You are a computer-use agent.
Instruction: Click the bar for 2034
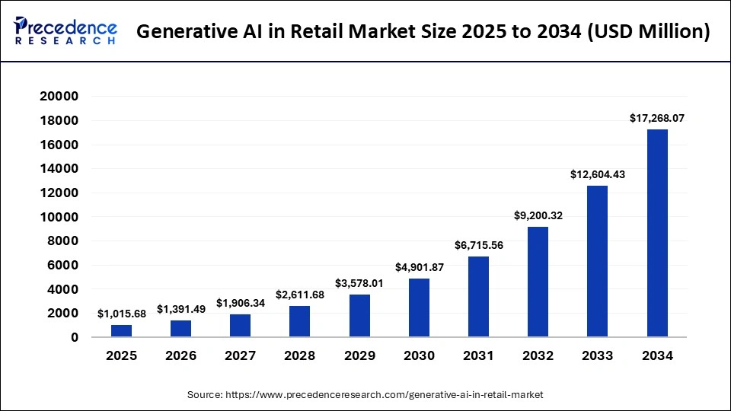pyautogui.click(x=657, y=233)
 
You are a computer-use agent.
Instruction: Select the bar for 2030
pyautogui.click(x=419, y=307)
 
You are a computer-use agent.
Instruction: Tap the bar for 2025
pyautogui.click(x=121, y=331)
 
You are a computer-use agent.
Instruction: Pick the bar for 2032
pyautogui.click(x=538, y=282)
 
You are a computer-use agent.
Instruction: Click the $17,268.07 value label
pyautogui.click(x=657, y=118)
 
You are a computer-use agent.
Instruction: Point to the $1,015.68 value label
pyautogui.click(x=122, y=314)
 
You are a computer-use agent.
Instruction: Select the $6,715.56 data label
pyautogui.click(x=478, y=245)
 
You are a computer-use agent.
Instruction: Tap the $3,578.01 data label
pyautogui.click(x=359, y=283)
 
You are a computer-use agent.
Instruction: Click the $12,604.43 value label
pyautogui.click(x=598, y=174)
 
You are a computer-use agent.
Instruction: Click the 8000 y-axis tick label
pyautogui.click(x=65, y=241)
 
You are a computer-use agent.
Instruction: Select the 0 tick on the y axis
pyautogui.click(x=75, y=337)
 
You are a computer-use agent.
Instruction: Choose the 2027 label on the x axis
pyautogui.click(x=241, y=355)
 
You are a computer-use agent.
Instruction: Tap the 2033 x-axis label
pyautogui.click(x=598, y=355)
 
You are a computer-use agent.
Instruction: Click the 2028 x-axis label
pyautogui.click(x=300, y=355)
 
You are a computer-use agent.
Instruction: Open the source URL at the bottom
pyautogui.click(x=365, y=395)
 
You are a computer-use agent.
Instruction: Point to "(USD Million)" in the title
pyautogui.click(x=652, y=32)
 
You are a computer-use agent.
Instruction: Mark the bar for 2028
pyautogui.click(x=300, y=321)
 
